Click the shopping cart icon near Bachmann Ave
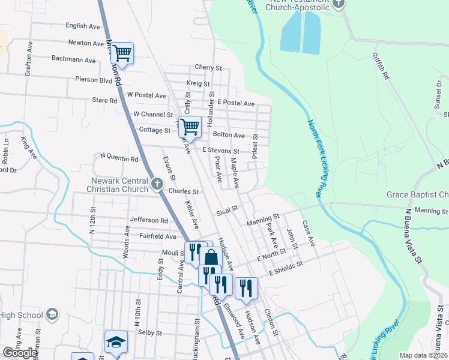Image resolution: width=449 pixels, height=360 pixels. pyautogui.click(x=122, y=53)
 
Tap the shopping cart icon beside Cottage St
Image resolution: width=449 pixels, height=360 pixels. pyautogui.click(x=190, y=127)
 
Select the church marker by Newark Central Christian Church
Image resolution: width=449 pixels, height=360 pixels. pyautogui.click(x=157, y=184)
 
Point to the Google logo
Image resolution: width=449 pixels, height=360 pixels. pyautogui.click(x=20, y=353)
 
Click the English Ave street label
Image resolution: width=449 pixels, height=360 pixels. pyautogui.click(x=83, y=26)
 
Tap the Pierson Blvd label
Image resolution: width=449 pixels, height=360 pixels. pyautogui.click(x=94, y=79)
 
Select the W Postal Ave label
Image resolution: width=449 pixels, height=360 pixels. pyautogui.click(x=146, y=95)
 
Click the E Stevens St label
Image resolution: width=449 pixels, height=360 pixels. pyautogui.click(x=221, y=151)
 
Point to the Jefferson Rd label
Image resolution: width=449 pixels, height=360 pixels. pyautogui.click(x=148, y=221)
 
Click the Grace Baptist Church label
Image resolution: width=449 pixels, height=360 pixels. pyautogui.click(x=417, y=195)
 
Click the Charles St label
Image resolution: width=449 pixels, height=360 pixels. pyautogui.click(x=184, y=192)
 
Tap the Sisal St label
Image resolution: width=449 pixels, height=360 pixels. pyautogui.click(x=228, y=211)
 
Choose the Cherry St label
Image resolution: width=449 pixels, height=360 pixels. pyautogui.click(x=208, y=68)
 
